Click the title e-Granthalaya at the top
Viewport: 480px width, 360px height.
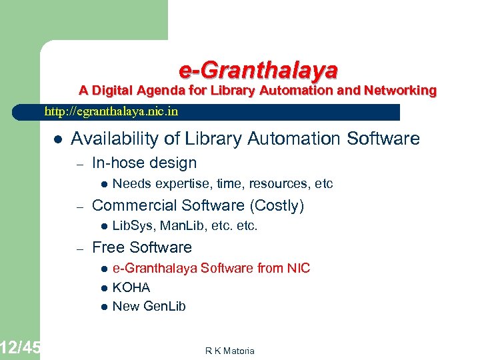pos(258,69)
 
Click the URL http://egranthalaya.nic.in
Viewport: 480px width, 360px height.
pos(111,111)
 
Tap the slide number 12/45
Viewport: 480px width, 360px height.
pos(20,347)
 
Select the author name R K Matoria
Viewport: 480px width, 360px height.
pos(231,351)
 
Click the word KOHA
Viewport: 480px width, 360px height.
pos(131,287)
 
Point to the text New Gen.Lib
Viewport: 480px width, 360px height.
pos(149,307)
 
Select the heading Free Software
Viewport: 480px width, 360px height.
pos(141,247)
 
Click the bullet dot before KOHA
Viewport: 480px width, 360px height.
pos(104,288)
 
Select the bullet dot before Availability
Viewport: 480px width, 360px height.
pos(58,139)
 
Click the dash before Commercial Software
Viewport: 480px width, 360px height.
pos(79,206)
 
